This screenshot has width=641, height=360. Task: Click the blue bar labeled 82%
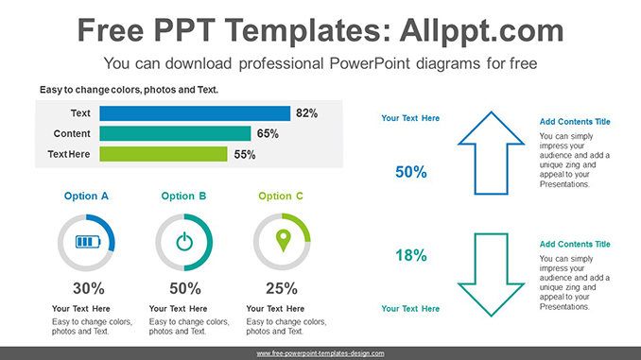coord(195,113)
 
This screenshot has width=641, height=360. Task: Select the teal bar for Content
coord(175,133)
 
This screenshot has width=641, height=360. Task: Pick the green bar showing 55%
coord(164,154)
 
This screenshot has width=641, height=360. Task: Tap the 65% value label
coord(268,133)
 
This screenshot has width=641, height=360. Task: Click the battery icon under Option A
coord(88,242)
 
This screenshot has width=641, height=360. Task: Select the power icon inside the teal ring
coord(184,242)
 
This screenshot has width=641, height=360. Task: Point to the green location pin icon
coord(284,241)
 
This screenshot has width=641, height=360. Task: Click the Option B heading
coord(183,197)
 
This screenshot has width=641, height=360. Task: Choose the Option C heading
coord(281,197)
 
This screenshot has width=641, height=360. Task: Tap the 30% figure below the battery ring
coord(89,288)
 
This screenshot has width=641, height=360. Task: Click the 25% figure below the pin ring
coord(282,288)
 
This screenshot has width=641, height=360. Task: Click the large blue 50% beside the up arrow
coord(411,172)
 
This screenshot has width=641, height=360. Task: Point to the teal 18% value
coord(411,255)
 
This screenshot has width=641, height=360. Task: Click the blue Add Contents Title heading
coord(575,122)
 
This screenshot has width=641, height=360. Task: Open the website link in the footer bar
coord(320,353)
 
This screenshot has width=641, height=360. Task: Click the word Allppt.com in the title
coord(481,30)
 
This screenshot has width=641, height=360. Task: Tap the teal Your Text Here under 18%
coord(410,309)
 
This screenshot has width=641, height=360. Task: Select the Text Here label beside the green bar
coord(69,154)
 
